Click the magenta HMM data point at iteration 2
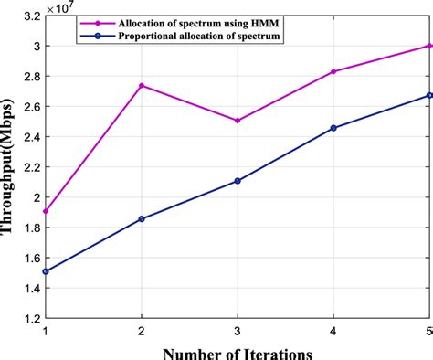[142, 85]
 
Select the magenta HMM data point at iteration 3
[238, 121]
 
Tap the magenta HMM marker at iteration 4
[333, 71]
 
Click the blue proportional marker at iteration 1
[47, 271]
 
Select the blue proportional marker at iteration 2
[142, 219]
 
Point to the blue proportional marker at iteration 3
[238, 181]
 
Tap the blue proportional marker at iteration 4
[333, 128]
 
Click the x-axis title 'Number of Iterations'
[237, 351]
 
